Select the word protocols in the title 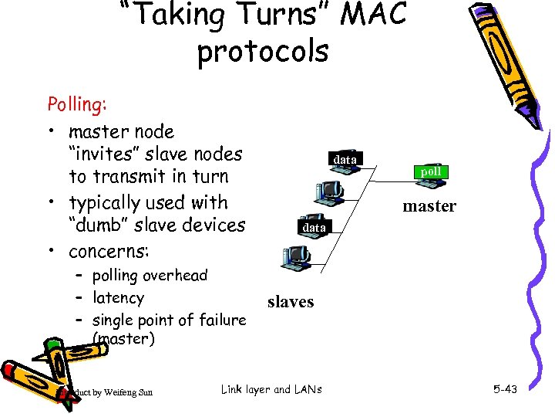262,53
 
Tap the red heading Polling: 78,104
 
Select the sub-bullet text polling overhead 150,276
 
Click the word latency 118,298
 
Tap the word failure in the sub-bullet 220,320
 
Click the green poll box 431,171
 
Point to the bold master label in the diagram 429,206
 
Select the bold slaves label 291,302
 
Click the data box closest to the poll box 345,160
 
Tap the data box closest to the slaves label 314,229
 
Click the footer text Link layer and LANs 271,390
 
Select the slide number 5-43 505,390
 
